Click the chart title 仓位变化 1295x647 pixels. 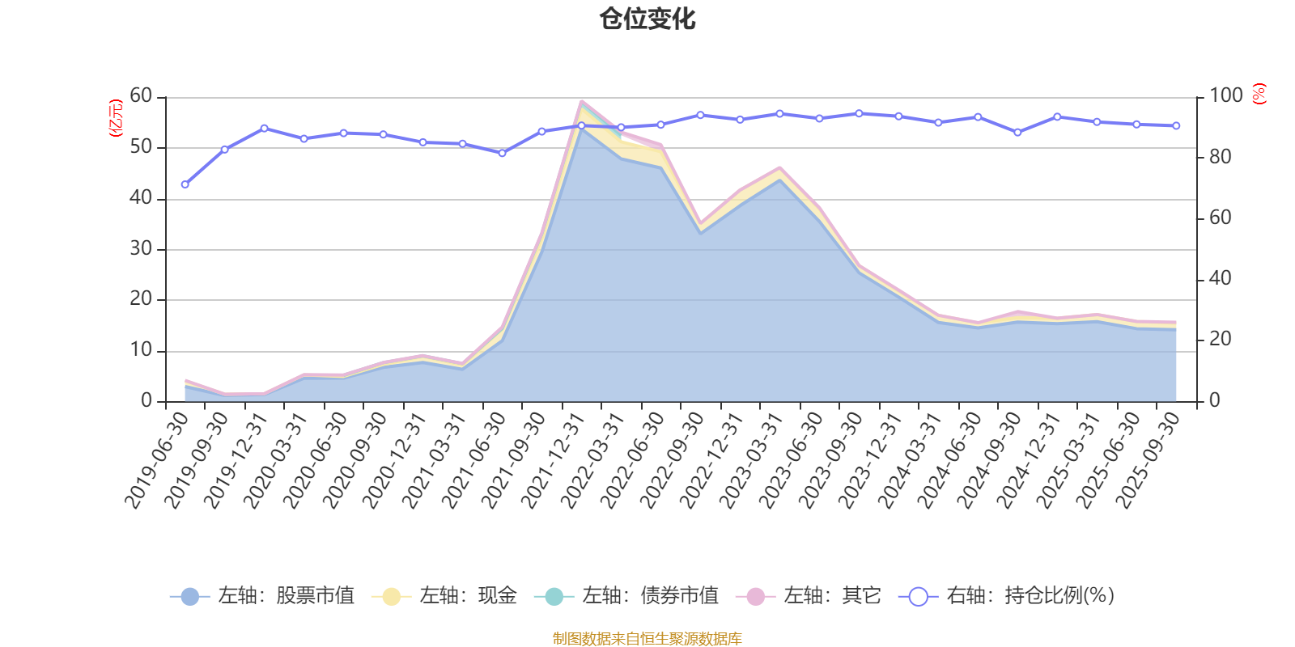[647, 19]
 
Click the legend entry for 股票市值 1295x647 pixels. [262, 595]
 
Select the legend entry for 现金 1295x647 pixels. [444, 595]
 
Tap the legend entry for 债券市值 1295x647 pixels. [626, 595]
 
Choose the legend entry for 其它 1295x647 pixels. [809, 595]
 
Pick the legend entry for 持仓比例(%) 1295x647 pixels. [1007, 595]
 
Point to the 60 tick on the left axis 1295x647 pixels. [141, 95]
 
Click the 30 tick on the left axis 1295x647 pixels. [141, 248]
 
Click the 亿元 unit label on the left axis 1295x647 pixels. [116, 118]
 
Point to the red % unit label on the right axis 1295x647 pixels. [1259, 94]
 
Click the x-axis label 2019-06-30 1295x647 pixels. [157, 460]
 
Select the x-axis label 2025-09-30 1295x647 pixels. [1147, 460]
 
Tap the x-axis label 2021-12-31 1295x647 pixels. [553, 460]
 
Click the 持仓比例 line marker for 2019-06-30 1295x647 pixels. [185, 185]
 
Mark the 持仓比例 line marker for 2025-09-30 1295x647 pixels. [1176, 126]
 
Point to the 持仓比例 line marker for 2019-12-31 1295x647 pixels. [264, 129]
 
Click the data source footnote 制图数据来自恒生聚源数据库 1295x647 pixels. [647, 638]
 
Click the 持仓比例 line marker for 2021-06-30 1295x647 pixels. [503, 153]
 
